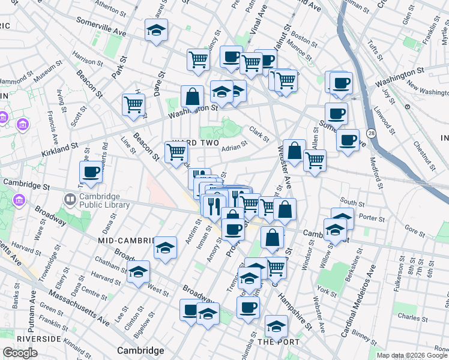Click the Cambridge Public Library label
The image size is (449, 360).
point(104,200)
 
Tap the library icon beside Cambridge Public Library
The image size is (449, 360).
point(71,199)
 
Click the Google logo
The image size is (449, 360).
point(20,353)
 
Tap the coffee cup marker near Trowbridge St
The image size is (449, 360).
point(91,173)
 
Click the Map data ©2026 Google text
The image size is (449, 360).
point(412,355)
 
